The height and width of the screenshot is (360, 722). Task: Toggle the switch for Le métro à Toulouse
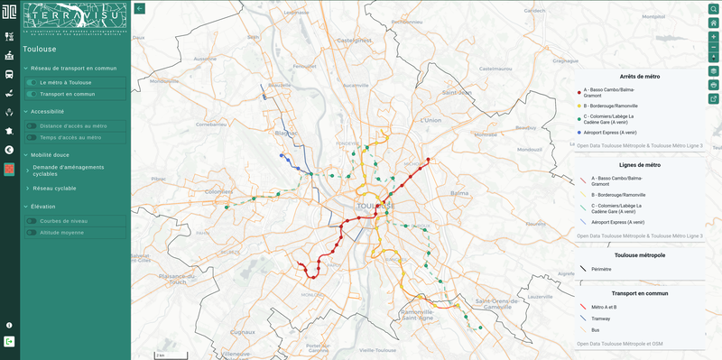tap(32, 82)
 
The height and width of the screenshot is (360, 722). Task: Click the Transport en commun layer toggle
tap(32, 94)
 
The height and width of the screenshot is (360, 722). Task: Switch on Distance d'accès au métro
tap(32, 126)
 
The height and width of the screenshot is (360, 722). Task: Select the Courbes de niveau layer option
tap(32, 221)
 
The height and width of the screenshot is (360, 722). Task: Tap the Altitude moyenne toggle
tap(32, 233)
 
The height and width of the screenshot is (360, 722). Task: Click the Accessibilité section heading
tap(47, 111)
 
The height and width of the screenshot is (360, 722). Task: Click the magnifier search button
tap(713, 8)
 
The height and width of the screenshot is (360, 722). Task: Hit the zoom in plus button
tap(713, 36)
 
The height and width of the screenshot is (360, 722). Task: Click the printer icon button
tap(713, 84)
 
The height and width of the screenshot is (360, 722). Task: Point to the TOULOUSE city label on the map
tap(375, 206)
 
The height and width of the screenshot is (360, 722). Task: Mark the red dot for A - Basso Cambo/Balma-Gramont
tap(579, 91)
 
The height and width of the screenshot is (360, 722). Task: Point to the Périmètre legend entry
tap(601, 269)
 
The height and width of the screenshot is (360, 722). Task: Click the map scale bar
tap(159, 354)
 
